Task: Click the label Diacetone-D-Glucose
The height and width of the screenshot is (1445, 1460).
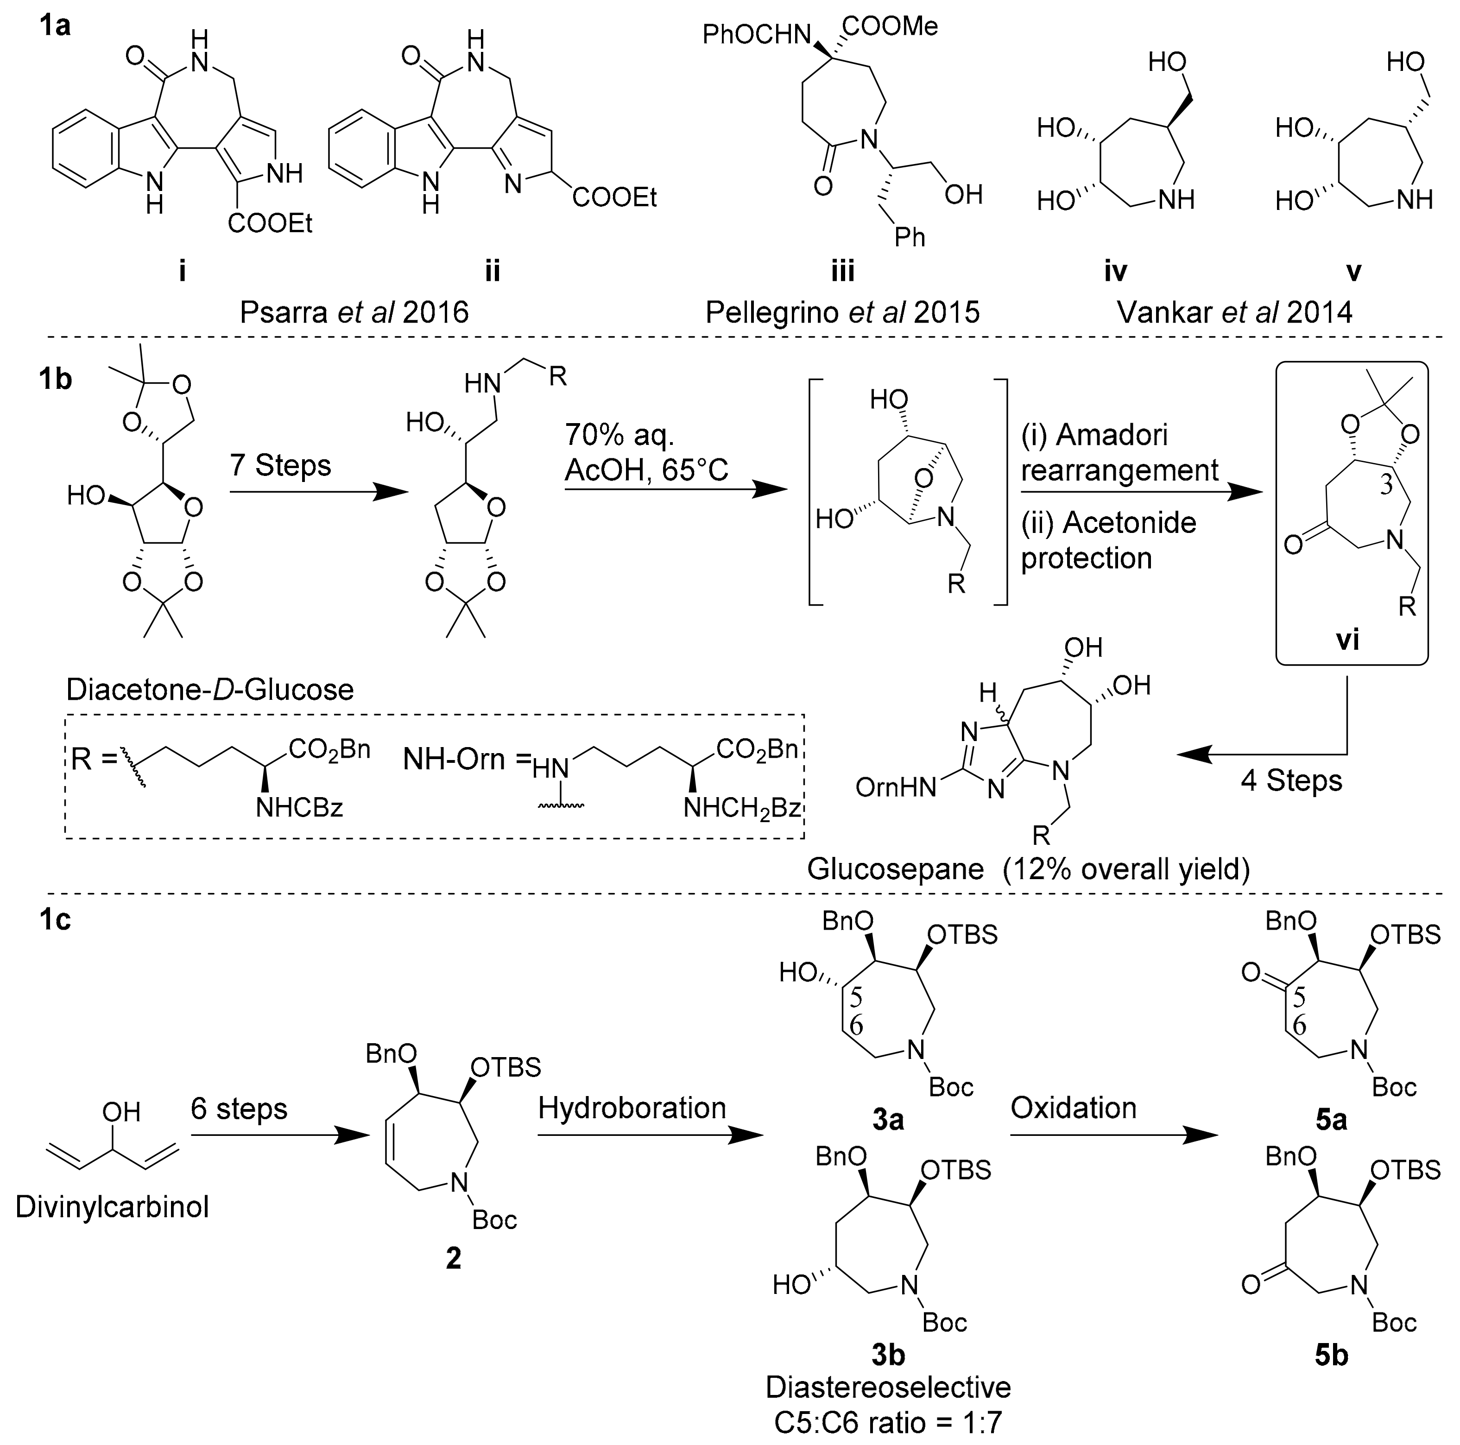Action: pyautogui.click(x=209, y=689)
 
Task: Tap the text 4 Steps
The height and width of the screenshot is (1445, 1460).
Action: pyautogui.click(x=1291, y=781)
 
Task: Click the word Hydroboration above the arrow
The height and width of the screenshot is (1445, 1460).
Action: pyautogui.click(x=632, y=1108)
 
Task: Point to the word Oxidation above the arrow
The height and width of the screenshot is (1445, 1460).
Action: pyautogui.click(x=1073, y=1108)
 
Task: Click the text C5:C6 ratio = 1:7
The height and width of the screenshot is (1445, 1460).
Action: pyautogui.click(x=887, y=1423)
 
